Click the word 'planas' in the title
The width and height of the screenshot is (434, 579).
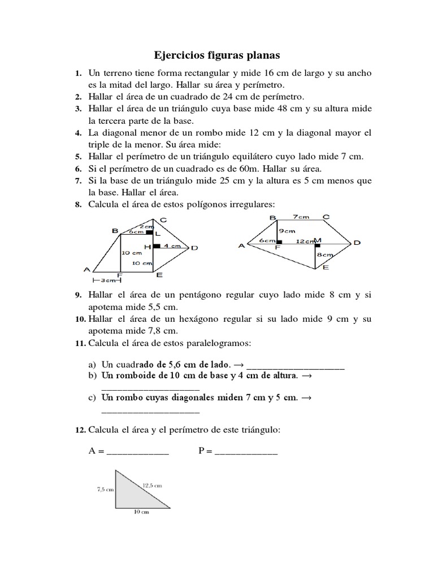(261, 55)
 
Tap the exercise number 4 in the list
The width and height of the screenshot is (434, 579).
(78, 133)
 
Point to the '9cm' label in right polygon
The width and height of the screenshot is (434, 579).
(286, 231)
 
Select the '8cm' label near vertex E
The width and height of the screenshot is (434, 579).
(325, 255)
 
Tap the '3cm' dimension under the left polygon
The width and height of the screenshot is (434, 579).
(107, 280)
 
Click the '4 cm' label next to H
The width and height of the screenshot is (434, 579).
(172, 246)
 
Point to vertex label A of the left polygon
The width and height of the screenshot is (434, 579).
(87, 269)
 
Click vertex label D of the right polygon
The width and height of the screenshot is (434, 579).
(357, 243)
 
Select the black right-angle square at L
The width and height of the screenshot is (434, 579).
(149, 232)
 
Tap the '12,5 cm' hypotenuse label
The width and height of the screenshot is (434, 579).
(151, 485)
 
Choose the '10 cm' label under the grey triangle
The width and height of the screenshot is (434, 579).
(141, 512)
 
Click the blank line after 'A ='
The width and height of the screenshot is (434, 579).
(137, 452)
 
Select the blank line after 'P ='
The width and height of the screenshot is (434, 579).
(246, 452)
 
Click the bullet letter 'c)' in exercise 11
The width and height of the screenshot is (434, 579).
(92, 398)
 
